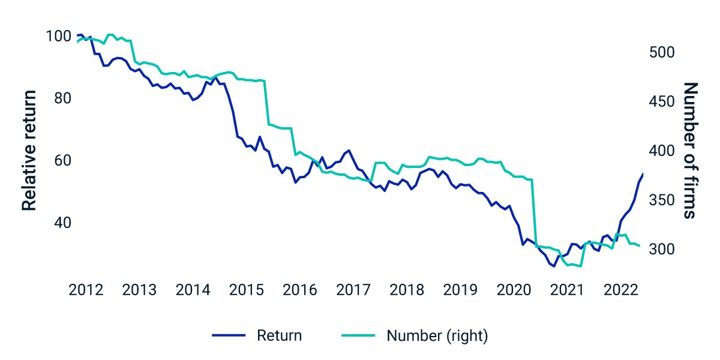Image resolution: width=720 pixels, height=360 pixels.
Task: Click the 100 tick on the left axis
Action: pyautogui.click(x=59, y=36)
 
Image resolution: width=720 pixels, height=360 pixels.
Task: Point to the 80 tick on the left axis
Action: pyautogui.click(x=62, y=98)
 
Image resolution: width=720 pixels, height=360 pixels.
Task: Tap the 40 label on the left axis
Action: pyautogui.click(x=62, y=223)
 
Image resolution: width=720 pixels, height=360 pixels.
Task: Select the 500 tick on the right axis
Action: pyautogui.click(x=662, y=52)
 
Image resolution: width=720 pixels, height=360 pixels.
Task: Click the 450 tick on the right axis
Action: pyautogui.click(x=662, y=101)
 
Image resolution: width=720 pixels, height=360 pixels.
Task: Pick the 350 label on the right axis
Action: pyautogui.click(x=662, y=200)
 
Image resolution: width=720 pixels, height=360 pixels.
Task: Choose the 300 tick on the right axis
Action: pyautogui.click(x=662, y=249)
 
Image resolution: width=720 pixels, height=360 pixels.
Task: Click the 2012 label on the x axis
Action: pyautogui.click(x=86, y=290)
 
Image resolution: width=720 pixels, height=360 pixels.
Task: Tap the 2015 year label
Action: pyautogui.click(x=246, y=290)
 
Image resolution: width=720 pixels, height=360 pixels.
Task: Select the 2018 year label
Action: pyautogui.click(x=407, y=290)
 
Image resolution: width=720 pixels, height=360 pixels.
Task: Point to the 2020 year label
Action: pyautogui.click(x=514, y=290)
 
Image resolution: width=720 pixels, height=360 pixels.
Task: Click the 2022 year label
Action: pyautogui.click(x=620, y=290)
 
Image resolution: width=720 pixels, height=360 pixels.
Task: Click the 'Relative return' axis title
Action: pyautogui.click(x=29, y=151)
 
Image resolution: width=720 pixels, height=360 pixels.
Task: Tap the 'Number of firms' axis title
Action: pyautogui.click(x=691, y=151)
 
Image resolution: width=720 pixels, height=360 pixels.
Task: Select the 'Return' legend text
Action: pyautogui.click(x=280, y=335)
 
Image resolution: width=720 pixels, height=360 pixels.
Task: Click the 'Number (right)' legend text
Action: pyautogui.click(x=437, y=336)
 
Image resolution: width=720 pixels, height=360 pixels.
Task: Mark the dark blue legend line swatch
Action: pyautogui.click(x=229, y=335)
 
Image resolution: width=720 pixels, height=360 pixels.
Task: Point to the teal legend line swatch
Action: pyautogui.click(x=358, y=335)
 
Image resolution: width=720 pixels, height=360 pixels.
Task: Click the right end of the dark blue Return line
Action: pyautogui.click(x=643, y=173)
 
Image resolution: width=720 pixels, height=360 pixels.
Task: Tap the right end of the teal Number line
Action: pyautogui.click(x=640, y=246)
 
